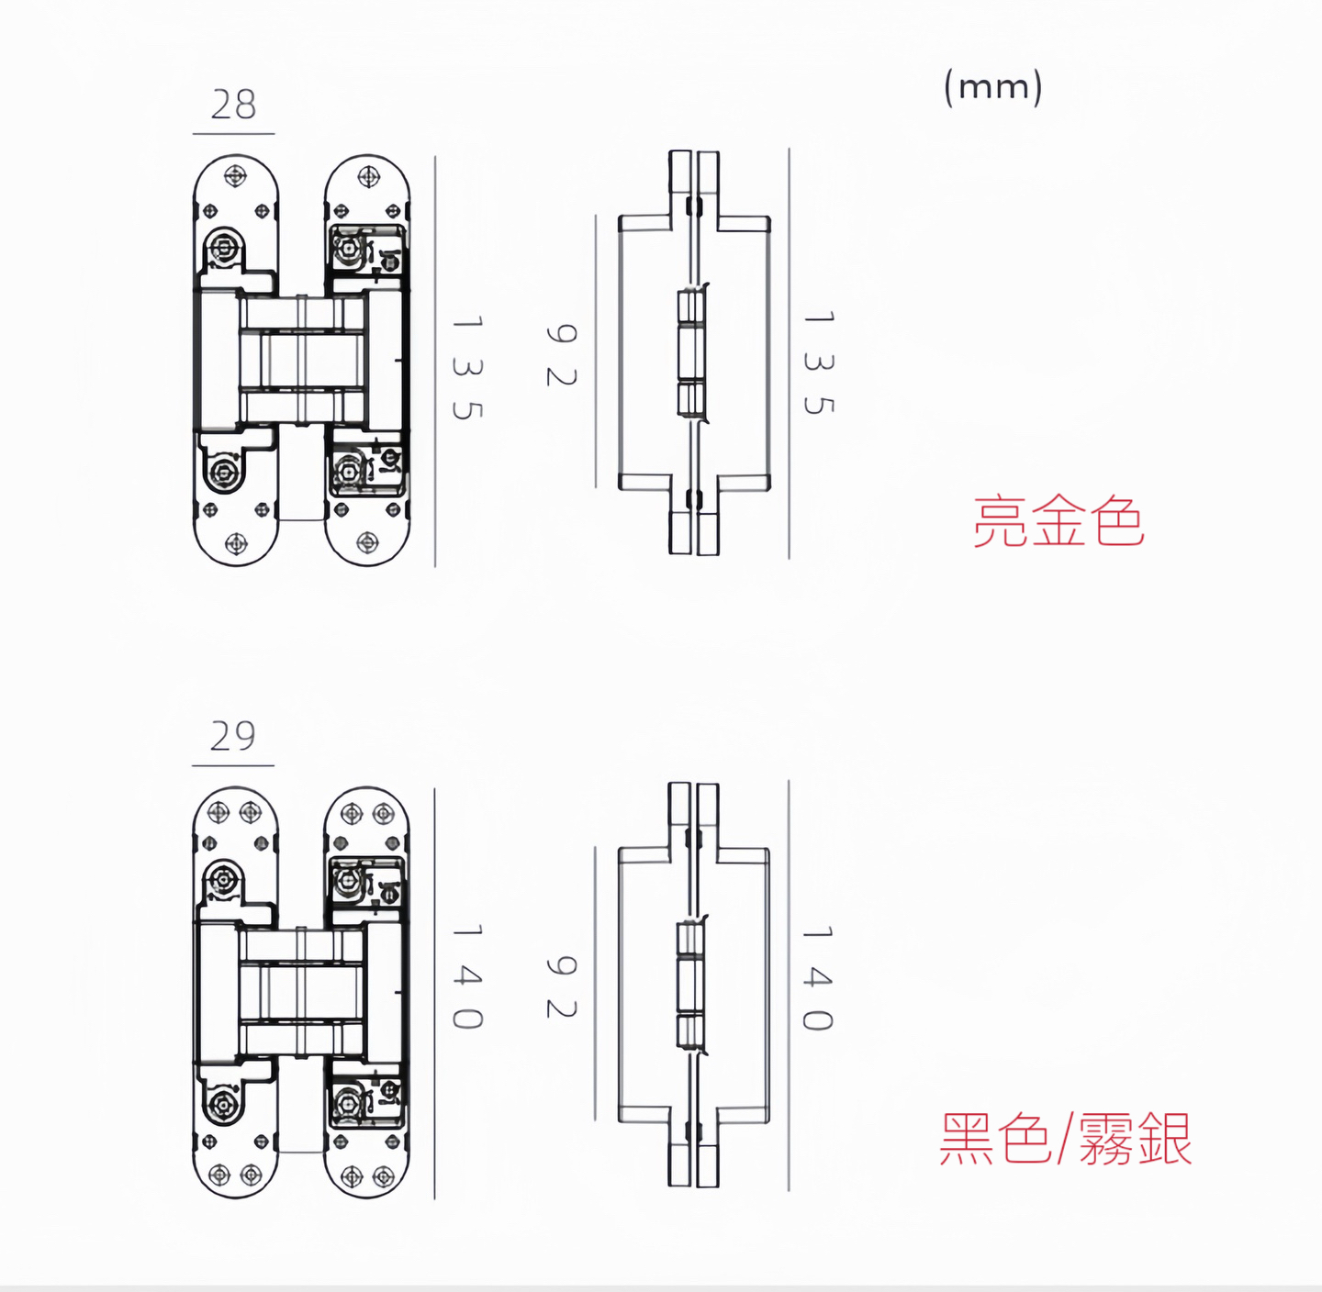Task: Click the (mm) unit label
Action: [993, 87]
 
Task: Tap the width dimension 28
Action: [233, 105]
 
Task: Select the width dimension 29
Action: [232, 736]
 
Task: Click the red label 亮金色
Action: [1059, 521]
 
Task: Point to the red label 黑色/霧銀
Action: [1065, 1139]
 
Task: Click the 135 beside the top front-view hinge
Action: [467, 367]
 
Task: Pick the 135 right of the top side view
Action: [818, 362]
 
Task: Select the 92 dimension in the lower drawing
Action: [561, 987]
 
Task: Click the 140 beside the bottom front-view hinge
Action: [467, 976]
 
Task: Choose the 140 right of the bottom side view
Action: [818, 978]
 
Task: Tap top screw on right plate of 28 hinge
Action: [368, 175]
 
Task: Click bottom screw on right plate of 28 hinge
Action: [368, 544]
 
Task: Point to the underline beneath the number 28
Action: [233, 133]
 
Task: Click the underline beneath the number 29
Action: [232, 764]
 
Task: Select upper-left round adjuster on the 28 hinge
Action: [224, 246]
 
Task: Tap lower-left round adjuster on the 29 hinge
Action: [223, 1105]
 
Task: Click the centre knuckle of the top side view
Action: [691, 353]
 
